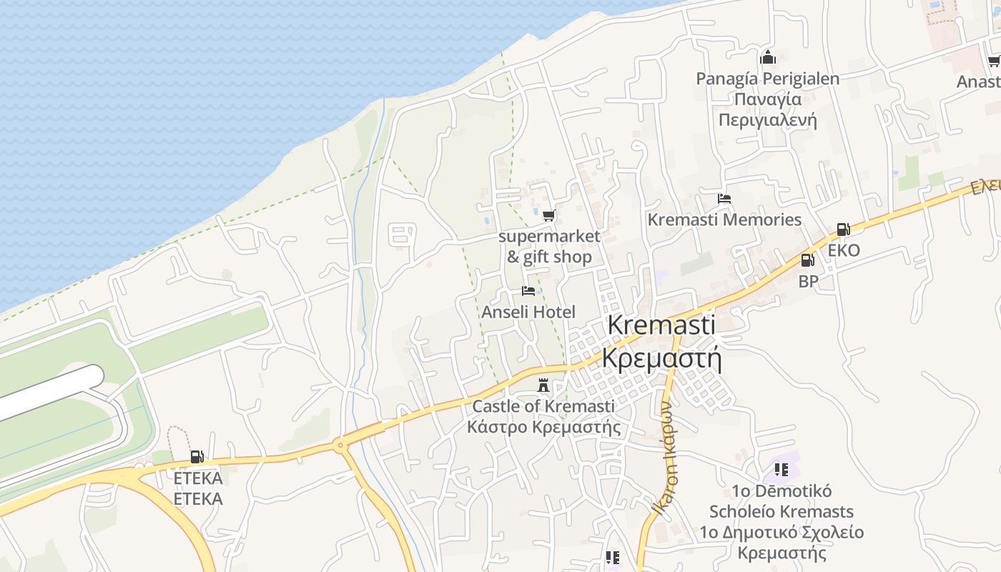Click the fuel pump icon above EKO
(843, 230)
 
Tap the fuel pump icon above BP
(807, 260)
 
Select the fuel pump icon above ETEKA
(197, 456)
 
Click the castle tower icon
(543, 386)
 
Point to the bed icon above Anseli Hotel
(528, 290)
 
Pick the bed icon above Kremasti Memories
(724, 198)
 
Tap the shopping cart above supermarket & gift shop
(548, 215)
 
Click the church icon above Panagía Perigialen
(768, 57)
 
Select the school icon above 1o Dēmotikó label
(781, 470)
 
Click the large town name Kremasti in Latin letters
(661, 325)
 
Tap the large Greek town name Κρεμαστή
(661, 357)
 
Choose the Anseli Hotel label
(528, 312)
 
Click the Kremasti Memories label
(724, 220)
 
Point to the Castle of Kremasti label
(543, 406)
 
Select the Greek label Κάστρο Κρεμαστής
(543, 427)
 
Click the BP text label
(808, 281)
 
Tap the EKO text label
(844, 250)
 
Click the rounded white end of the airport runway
(93, 376)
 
